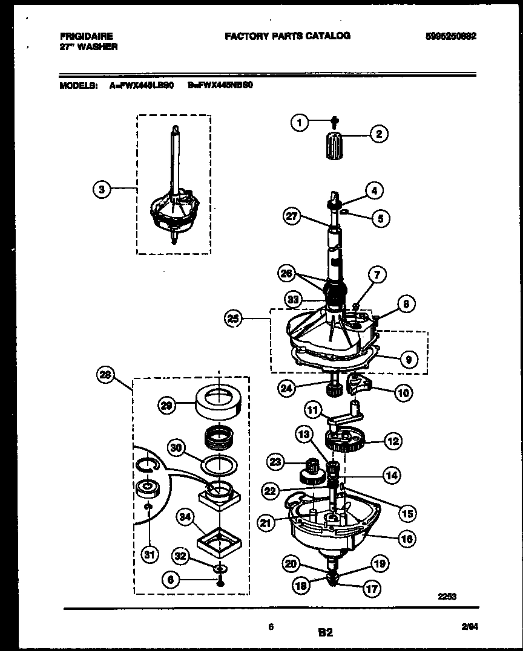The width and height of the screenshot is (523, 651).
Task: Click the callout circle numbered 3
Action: (x=102, y=189)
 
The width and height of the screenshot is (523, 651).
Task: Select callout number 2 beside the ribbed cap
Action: (x=379, y=134)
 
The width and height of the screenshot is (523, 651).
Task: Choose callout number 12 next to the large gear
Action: (x=393, y=441)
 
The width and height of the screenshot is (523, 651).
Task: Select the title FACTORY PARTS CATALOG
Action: (x=288, y=36)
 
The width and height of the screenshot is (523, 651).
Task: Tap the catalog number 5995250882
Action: (x=450, y=36)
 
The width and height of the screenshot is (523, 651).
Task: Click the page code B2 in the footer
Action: (x=325, y=633)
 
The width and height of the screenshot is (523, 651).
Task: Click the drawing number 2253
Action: (x=447, y=595)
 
